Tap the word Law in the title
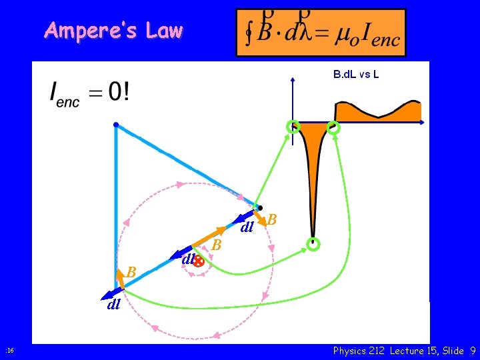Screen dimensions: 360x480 point(164,31)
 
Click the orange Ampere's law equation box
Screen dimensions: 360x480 point(321,33)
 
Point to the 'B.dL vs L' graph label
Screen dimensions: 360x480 point(356,74)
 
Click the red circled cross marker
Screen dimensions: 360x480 point(198,262)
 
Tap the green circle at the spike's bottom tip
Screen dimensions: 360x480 point(313,244)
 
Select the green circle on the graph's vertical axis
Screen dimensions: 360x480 point(293,127)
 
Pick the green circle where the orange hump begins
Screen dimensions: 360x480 point(333,127)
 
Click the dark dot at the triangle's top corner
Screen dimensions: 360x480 point(116,124)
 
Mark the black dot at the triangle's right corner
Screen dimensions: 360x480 point(260,207)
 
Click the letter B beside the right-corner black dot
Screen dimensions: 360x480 point(272,219)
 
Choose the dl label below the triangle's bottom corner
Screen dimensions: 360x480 point(113,305)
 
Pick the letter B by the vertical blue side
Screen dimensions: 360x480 point(131,273)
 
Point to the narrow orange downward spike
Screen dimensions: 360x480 point(312,173)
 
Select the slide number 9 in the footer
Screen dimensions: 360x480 point(472,351)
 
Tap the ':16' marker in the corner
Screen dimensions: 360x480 point(9,351)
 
